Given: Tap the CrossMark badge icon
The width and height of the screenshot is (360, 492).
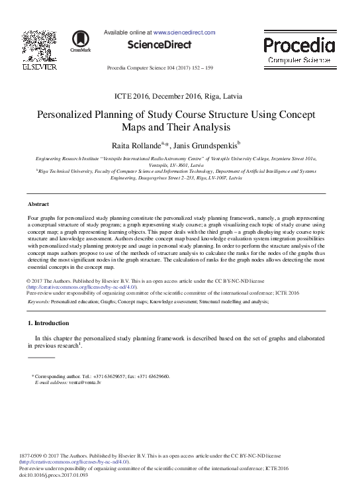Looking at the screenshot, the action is tap(80, 40).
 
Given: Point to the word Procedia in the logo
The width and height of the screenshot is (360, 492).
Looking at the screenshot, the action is tap(298, 45).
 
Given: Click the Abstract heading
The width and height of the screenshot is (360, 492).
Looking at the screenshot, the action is tap(39, 203).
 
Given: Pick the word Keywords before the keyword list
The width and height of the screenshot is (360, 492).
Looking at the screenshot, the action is tap(42, 301).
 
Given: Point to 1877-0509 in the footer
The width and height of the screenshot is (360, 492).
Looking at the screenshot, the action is tap(32, 456).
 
